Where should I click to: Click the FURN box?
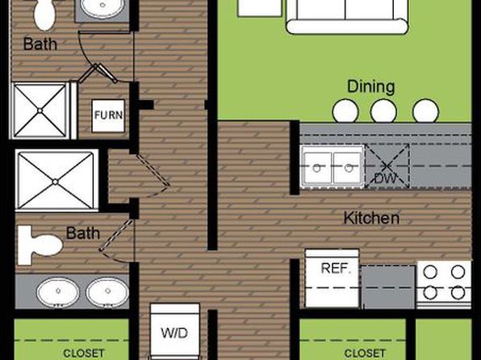(108, 115)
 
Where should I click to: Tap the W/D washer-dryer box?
(175, 331)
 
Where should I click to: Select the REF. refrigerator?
(332, 278)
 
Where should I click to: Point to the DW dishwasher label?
(385, 178)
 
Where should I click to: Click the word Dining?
(371, 87)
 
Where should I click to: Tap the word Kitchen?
(371, 218)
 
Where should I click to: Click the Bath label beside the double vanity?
(83, 233)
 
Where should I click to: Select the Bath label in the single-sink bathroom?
(40, 44)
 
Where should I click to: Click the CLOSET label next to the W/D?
(83, 354)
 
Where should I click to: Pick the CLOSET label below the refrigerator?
(365, 354)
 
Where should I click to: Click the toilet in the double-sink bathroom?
(40, 245)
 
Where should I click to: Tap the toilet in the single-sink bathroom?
(44, 14)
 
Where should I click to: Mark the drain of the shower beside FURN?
(40, 111)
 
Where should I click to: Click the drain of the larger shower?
(55, 182)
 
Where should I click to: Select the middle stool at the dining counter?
(383, 111)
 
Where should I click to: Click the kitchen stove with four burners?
(444, 285)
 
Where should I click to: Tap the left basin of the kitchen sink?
(317, 168)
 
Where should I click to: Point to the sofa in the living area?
(347, 15)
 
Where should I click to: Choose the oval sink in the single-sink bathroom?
(102, 7)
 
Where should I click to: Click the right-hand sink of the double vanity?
(107, 292)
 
